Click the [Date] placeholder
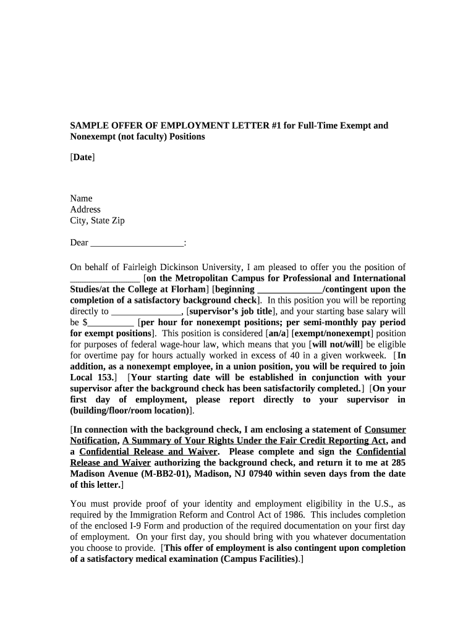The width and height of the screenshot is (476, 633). (82, 158)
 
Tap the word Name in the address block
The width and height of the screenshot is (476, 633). (81, 198)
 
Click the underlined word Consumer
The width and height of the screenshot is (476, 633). (385, 430)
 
